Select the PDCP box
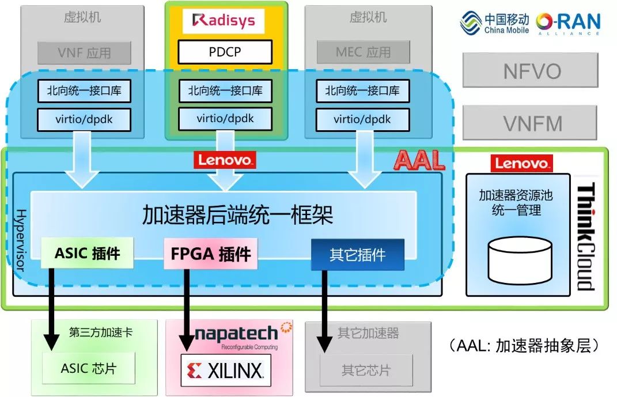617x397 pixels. coord(225,52)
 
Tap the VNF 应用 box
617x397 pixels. coord(84,53)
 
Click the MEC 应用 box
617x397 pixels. coord(363,53)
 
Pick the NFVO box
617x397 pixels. coord(532,71)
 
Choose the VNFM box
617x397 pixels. coord(532,123)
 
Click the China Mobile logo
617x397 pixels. coord(494,23)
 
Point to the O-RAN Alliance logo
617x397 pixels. coord(568,23)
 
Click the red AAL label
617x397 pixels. coord(419,160)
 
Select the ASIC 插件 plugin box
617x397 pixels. coord(87,254)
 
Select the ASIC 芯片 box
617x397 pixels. coord(89,368)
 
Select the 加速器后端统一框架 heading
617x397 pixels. coord(237,215)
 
